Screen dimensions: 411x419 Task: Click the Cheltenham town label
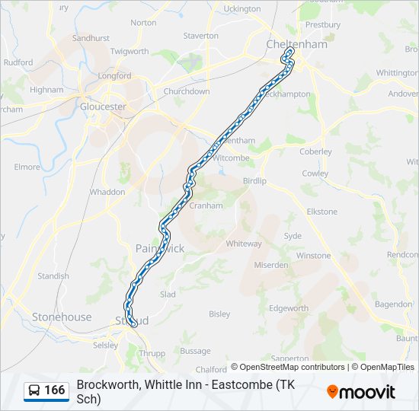pyautogui.click(x=296, y=44)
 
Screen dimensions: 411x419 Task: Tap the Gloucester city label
pyautogui.click(x=103, y=107)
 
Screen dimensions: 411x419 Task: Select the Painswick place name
pyautogui.click(x=160, y=248)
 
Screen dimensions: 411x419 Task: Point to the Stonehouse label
pyautogui.click(x=62, y=317)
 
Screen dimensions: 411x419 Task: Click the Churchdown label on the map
pyautogui.click(x=187, y=91)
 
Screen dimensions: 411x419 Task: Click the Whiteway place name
pyautogui.click(x=244, y=244)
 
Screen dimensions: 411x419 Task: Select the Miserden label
pyautogui.click(x=272, y=265)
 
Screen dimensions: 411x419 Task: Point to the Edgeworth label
pyautogui.click(x=289, y=308)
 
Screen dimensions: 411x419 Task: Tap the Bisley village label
pyautogui.click(x=219, y=314)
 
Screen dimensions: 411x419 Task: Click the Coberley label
pyautogui.click(x=316, y=151)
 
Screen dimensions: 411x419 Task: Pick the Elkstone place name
pyautogui.click(x=321, y=211)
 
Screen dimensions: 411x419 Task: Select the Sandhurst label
pyautogui.click(x=91, y=37)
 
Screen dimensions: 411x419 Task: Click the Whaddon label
pyautogui.click(x=107, y=192)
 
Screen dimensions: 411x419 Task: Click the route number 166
pyautogui.click(x=54, y=390)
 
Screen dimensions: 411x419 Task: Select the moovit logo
pyautogui.click(x=361, y=392)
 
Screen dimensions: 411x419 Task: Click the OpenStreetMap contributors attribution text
pyautogui.click(x=292, y=367)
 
